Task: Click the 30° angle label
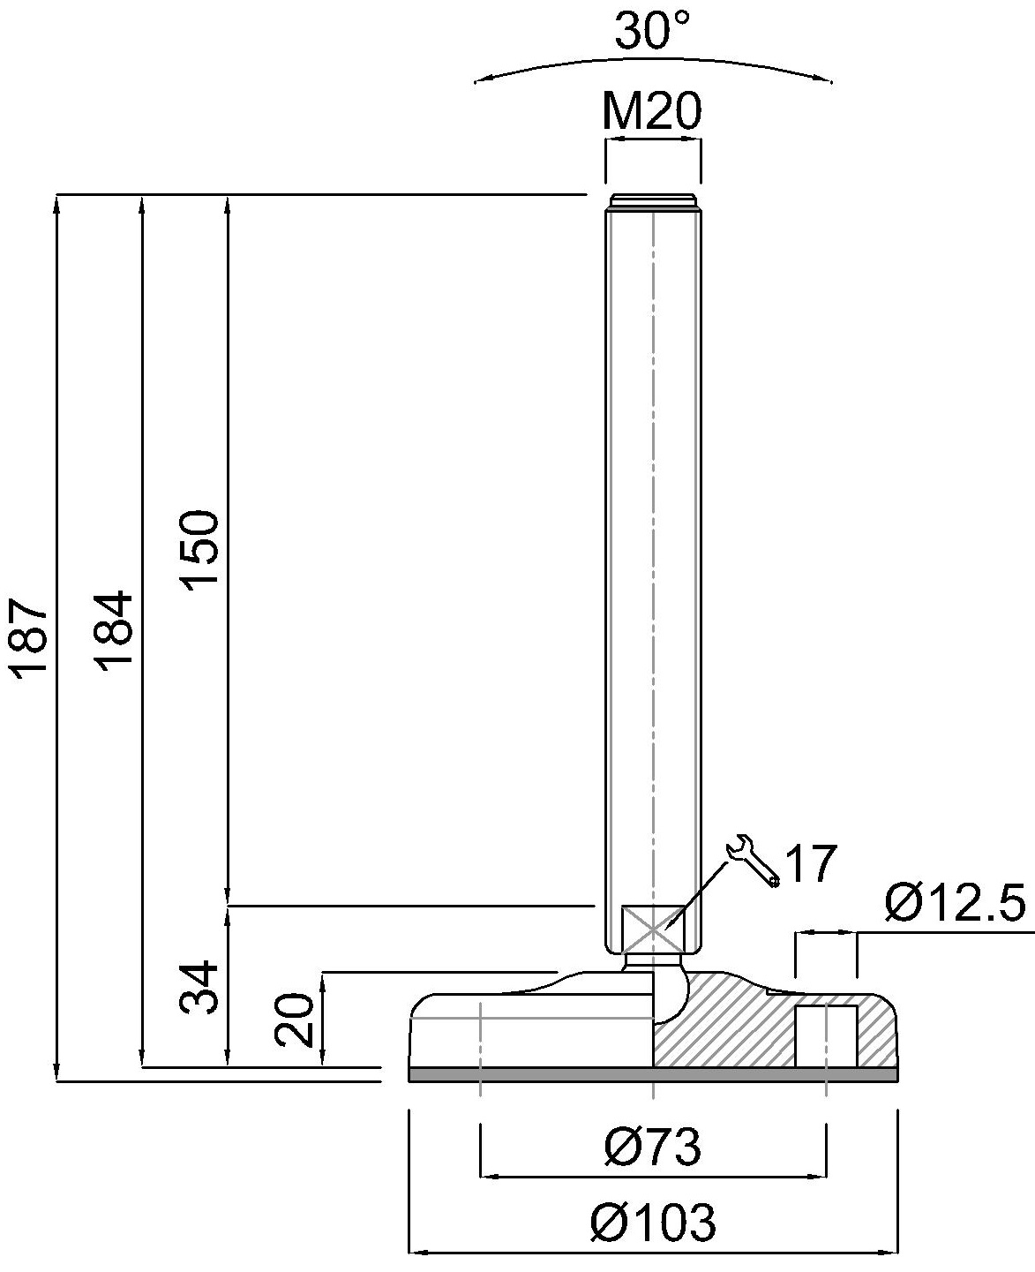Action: [652, 33]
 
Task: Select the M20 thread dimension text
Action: [652, 112]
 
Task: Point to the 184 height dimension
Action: [117, 633]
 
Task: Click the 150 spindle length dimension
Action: [200, 550]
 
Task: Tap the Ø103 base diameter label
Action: [653, 1223]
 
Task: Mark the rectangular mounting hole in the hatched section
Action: [826, 1035]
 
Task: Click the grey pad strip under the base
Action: [653, 1074]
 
